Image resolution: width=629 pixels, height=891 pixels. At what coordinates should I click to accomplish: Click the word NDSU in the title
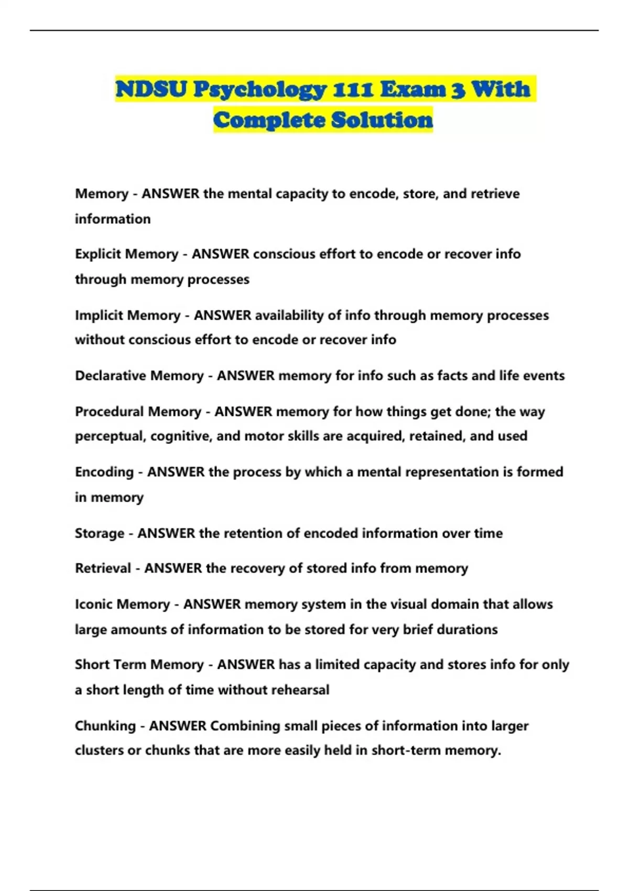coord(151,89)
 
